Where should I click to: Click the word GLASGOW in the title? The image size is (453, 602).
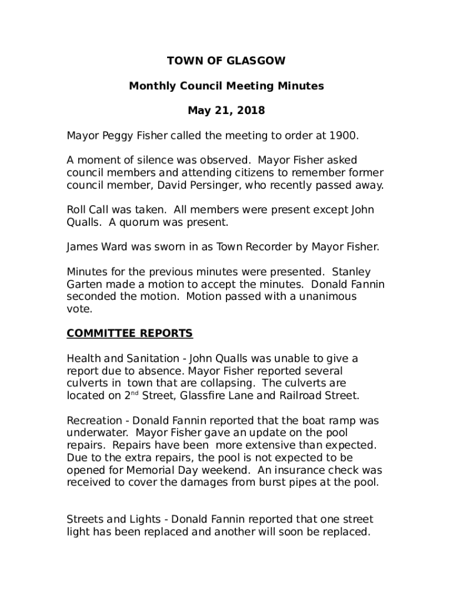click(257, 61)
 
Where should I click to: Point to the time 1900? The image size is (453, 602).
click(343, 136)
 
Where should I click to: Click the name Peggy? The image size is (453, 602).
click(121, 136)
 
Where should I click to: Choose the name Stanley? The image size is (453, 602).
click(351, 272)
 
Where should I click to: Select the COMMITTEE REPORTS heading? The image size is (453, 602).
click(129, 333)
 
